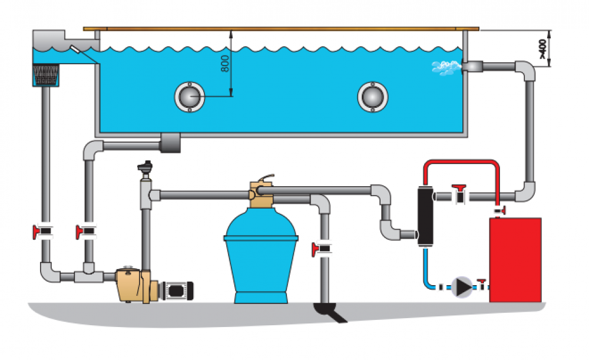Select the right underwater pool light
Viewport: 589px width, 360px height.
(372, 96)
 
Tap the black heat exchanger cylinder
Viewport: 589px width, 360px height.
(423, 215)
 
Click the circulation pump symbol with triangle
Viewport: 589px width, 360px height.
(464, 287)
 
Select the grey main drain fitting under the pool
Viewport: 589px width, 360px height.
(170, 141)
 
